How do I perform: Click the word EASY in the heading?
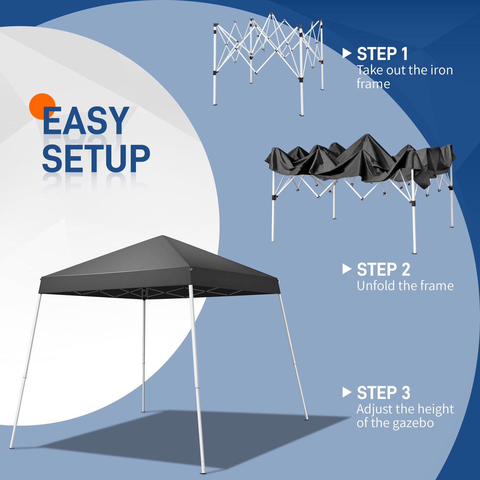pyautogui.click(x=86, y=121)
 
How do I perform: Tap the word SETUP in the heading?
pyautogui.click(x=96, y=158)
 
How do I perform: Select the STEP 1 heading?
pyautogui.click(x=382, y=54)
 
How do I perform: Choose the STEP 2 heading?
pyautogui.click(x=383, y=269)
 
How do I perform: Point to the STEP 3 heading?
pyautogui.click(x=383, y=393)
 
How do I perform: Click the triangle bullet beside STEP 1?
pyautogui.click(x=346, y=53)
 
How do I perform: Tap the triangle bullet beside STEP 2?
pyautogui.click(x=346, y=269)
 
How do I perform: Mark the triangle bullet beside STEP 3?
pyautogui.click(x=346, y=392)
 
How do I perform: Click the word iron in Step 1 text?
pyautogui.click(x=441, y=70)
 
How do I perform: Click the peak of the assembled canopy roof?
pyautogui.click(x=162, y=236)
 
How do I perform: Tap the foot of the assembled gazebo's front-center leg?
pyautogui.click(x=203, y=471)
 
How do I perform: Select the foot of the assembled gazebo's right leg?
pyautogui.click(x=306, y=419)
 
